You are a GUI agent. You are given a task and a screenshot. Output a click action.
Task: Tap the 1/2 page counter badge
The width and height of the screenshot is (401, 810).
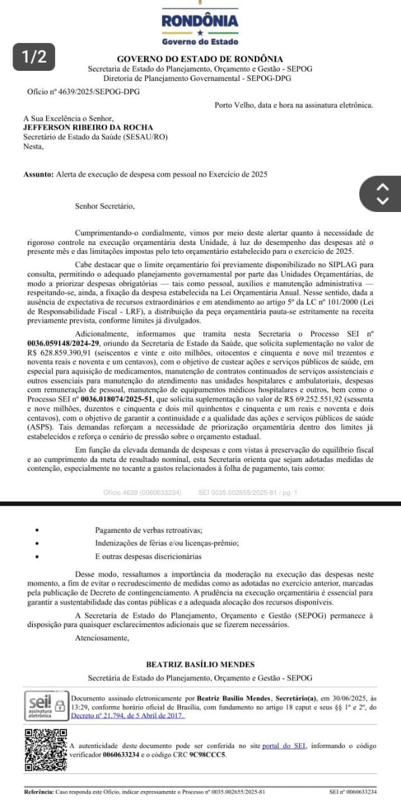click(x=34, y=56)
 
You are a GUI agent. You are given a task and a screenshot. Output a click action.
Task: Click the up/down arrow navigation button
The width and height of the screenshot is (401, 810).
click(x=381, y=194)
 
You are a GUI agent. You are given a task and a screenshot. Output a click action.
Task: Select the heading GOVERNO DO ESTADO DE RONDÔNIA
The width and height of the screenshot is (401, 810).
click(x=200, y=59)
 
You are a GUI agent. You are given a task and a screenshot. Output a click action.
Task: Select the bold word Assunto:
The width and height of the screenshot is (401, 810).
click(x=39, y=173)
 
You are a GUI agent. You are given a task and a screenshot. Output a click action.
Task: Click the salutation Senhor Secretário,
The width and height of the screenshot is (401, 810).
click(x=104, y=205)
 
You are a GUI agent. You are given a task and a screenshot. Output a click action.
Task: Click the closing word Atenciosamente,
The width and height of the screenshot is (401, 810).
click(x=101, y=638)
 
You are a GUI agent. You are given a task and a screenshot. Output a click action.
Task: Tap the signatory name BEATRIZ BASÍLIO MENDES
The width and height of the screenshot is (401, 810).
click(x=200, y=664)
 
